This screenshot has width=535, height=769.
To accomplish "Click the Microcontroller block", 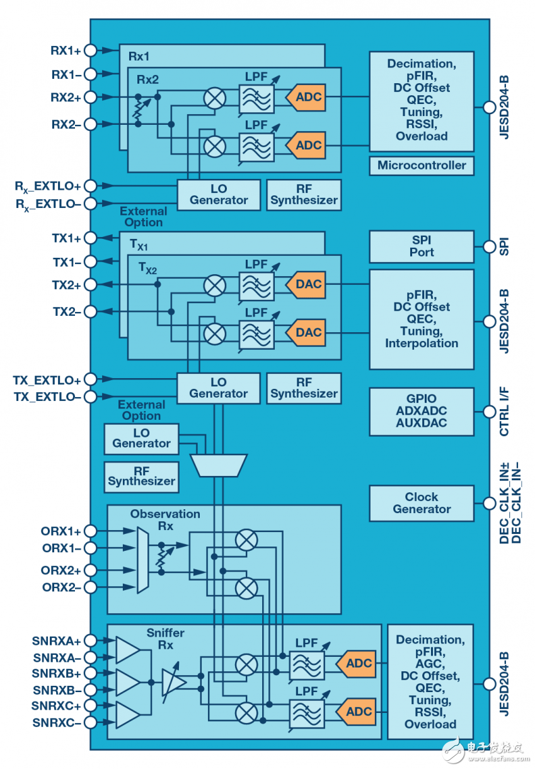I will pyautogui.click(x=422, y=166).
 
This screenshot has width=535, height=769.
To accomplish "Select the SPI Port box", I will pyautogui.click(x=422, y=246).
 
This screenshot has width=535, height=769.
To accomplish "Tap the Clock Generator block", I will pyautogui.click(x=422, y=503).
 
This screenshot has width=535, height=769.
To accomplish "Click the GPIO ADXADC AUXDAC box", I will pyautogui.click(x=422, y=412).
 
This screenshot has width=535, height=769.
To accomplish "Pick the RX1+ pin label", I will pyautogui.click(x=66, y=50).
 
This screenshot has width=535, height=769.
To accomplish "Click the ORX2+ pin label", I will pyautogui.click(x=62, y=570).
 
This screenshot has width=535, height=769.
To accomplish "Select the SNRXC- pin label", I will pyautogui.click(x=57, y=722).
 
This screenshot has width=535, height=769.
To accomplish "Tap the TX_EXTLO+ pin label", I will pyautogui.click(x=47, y=380).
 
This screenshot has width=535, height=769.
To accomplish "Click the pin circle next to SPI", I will pyautogui.click(x=489, y=246).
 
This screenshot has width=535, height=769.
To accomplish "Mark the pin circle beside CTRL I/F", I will pyautogui.click(x=489, y=412).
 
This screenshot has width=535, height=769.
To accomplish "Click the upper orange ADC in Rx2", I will pyautogui.click(x=306, y=97).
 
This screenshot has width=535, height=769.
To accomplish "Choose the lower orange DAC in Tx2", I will pyautogui.click(x=306, y=332).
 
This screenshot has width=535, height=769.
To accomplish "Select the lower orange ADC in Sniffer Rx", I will pyautogui.click(x=357, y=712).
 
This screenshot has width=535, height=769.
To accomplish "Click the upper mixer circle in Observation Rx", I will pyautogui.click(x=246, y=540).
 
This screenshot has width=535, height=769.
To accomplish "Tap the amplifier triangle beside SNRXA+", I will pyautogui.click(x=127, y=649).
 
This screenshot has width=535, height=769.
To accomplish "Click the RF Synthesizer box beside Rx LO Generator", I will pyautogui.click(x=304, y=195).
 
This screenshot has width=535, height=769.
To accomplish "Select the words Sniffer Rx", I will pyautogui.click(x=164, y=639).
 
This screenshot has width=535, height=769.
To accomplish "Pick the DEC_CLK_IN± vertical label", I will pyautogui.click(x=504, y=514).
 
